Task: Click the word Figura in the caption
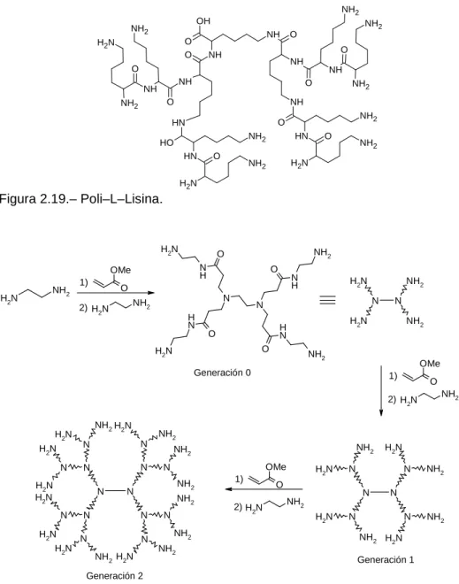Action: tap(18, 199)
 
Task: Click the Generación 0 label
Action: tap(222, 373)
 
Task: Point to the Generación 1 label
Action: tap(386, 559)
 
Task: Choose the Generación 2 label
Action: tap(114, 576)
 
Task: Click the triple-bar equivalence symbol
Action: tap(327, 300)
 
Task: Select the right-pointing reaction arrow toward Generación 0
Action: tap(115, 293)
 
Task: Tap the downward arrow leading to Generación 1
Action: tap(381, 390)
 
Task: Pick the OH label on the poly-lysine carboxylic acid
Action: tap(203, 21)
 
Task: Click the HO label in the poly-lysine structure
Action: tap(166, 142)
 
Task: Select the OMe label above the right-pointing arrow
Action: tap(120, 270)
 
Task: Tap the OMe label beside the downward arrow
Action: tap(430, 363)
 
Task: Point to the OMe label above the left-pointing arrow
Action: tap(276, 466)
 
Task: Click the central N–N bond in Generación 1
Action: tap(379, 493)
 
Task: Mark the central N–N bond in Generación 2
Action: tap(115, 491)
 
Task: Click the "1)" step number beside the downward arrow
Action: tap(393, 376)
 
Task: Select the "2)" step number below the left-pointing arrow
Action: tap(238, 507)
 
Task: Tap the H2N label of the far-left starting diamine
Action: tap(9, 298)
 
